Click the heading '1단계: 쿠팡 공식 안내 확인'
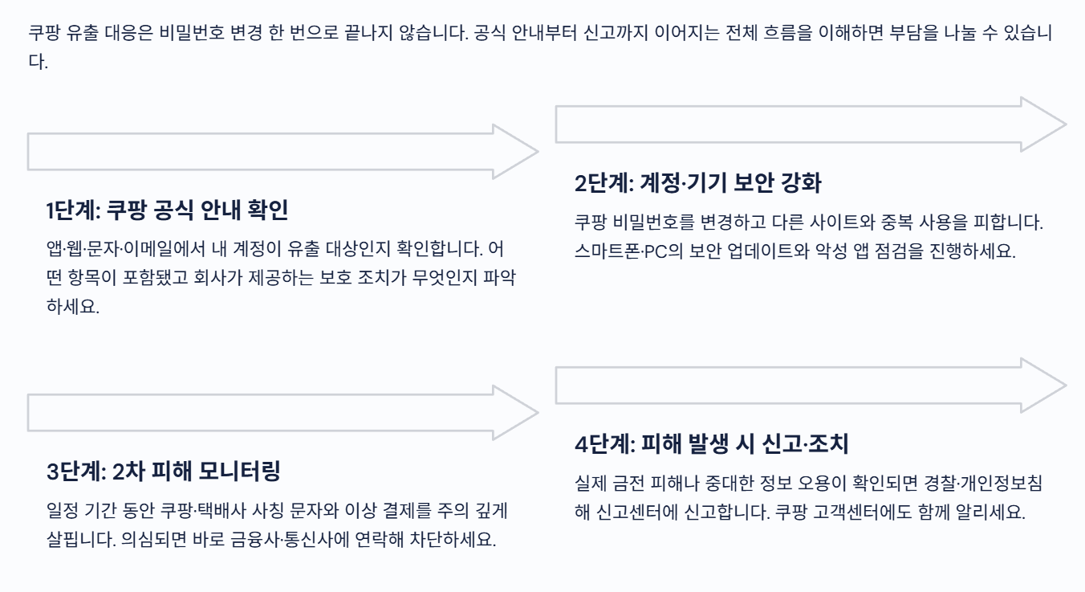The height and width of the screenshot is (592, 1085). [x=167, y=211]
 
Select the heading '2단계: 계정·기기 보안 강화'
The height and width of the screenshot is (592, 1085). [x=697, y=183]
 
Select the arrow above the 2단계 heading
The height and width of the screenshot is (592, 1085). [x=811, y=123]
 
